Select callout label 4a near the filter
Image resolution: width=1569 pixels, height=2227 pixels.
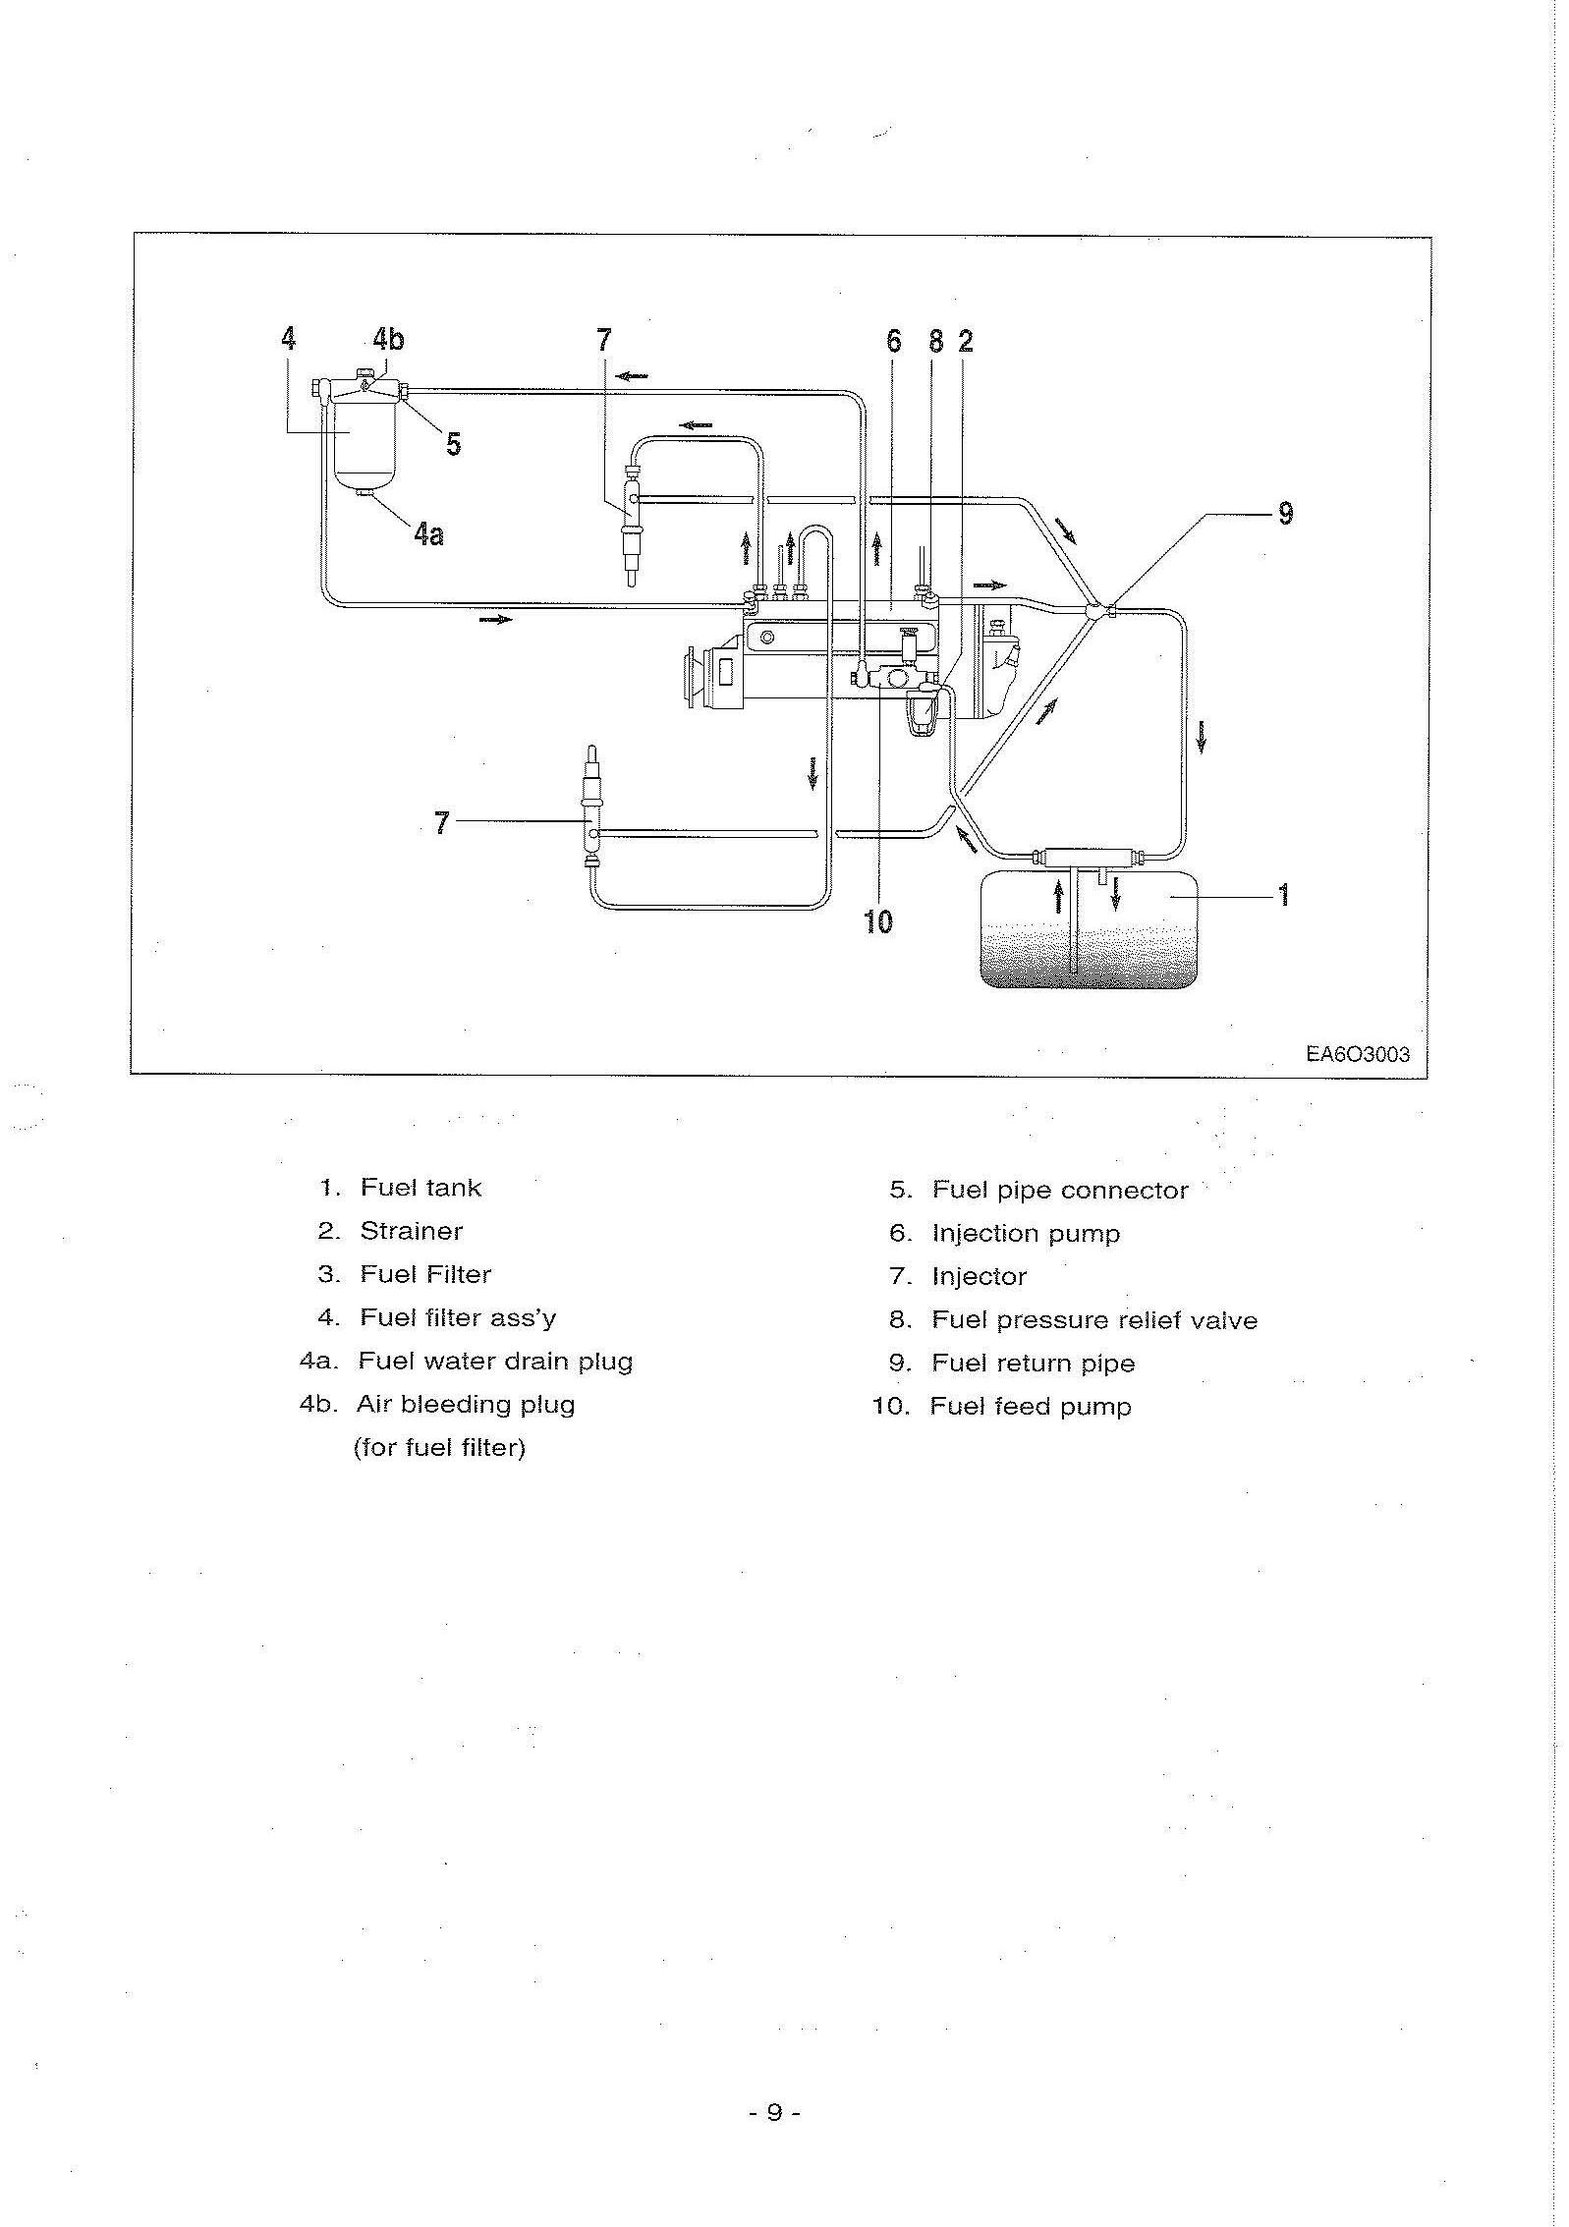tap(428, 533)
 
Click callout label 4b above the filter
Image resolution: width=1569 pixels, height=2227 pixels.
tap(388, 339)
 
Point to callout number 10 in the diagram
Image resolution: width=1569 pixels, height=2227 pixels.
tap(877, 920)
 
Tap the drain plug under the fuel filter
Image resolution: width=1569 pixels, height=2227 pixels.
tap(364, 494)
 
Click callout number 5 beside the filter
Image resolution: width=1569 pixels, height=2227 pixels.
tap(453, 444)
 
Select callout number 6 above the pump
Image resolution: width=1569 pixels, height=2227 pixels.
tap(893, 341)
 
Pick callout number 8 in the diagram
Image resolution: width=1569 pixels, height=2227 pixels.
tap(935, 341)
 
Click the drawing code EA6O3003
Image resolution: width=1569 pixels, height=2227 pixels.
tap(1357, 1054)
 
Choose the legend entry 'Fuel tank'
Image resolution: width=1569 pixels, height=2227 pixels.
tap(420, 1188)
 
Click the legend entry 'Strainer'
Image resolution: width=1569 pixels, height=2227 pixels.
tap(411, 1231)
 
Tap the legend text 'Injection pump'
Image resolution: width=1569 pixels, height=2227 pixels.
tap(1026, 1234)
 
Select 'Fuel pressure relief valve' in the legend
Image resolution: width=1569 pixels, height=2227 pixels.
tap(1094, 1320)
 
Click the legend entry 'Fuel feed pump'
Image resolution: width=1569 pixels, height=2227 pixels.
tap(1031, 1407)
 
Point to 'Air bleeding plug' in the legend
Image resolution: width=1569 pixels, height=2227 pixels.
tap(466, 1405)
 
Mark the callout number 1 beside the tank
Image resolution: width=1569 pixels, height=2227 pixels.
tap(1282, 895)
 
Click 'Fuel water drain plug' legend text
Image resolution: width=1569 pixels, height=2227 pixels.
tap(495, 1362)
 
